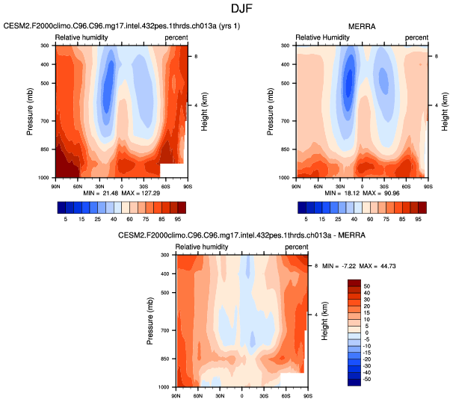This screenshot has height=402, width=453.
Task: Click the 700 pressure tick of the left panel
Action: click(43, 121)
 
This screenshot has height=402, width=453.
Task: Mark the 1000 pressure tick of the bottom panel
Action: click(163, 387)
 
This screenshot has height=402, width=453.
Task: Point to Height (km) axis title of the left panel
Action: click(204, 112)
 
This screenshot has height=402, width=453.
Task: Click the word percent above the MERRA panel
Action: click(417, 37)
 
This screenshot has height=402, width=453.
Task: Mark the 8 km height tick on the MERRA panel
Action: click(436, 56)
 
